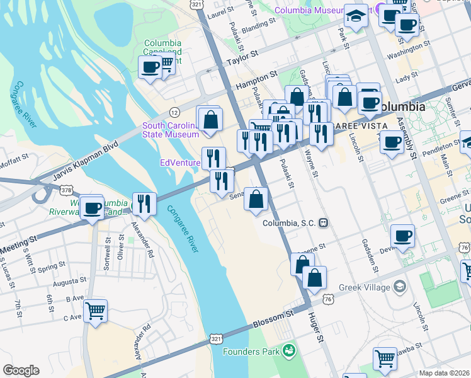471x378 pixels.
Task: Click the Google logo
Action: point(21,370)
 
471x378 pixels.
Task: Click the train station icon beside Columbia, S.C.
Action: point(323,222)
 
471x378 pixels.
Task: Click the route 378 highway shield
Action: point(65,189)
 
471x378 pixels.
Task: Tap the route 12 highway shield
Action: point(174,112)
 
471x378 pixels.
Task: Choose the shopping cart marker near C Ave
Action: point(95,310)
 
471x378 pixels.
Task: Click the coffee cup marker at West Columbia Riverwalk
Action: point(92,207)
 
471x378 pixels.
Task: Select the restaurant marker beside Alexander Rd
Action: point(144,203)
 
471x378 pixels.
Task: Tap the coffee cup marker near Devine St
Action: point(402,236)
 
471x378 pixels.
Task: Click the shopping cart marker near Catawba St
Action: point(385,358)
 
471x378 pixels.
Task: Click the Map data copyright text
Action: point(444,373)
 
